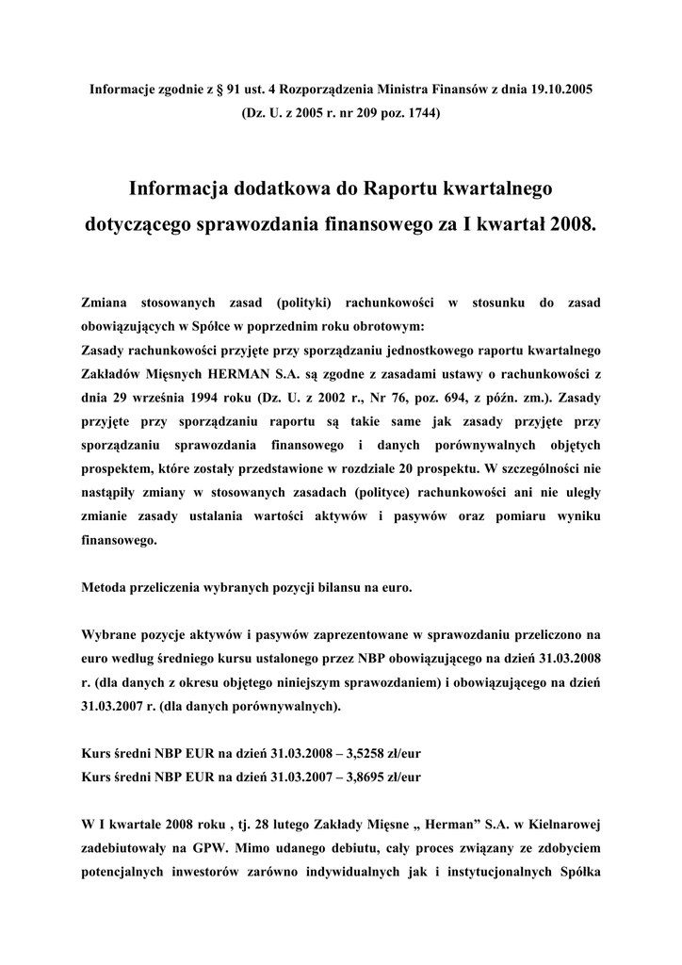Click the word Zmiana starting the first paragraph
(x=107, y=303)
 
